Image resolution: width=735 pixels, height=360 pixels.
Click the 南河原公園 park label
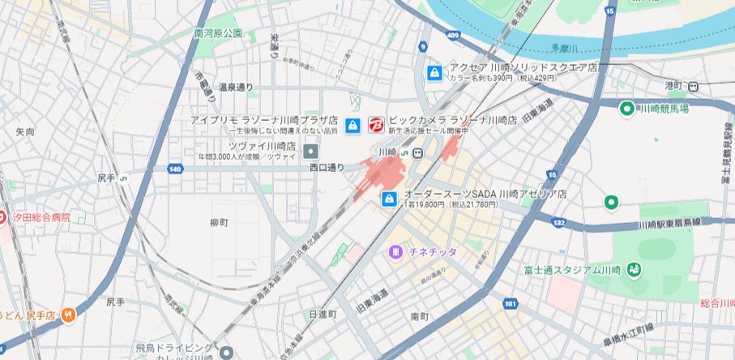click(218, 33)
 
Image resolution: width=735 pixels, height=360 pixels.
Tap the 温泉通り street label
click(236, 88)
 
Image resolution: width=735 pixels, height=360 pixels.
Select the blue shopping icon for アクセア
click(435, 73)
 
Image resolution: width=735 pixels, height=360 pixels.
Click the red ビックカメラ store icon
click(376, 125)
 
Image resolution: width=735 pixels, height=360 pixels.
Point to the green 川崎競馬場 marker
click(626, 108)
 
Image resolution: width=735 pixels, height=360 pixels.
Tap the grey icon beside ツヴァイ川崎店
click(310, 151)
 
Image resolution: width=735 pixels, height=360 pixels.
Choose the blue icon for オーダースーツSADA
click(389, 199)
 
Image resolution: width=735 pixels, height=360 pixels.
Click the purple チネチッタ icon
click(395, 252)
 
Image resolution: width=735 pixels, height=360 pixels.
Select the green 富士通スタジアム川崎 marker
click(636, 268)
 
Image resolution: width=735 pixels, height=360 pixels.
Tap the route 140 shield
click(175, 169)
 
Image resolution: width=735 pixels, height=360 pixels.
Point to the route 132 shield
click(558, 221)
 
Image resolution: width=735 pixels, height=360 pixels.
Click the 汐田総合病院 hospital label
click(41, 217)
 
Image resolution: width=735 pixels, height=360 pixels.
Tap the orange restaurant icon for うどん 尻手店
click(68, 315)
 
